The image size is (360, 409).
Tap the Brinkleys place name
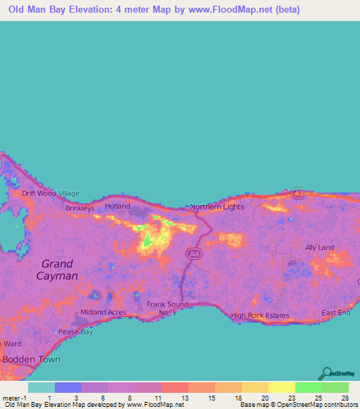pyautogui.click(x=79, y=209)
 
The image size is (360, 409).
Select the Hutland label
pyautogui.click(x=117, y=207)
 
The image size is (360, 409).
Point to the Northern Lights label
pyautogui.click(x=217, y=207)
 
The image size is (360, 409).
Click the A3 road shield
pyautogui.click(x=298, y=193)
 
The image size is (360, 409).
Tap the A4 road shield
pyautogui.click(x=192, y=252)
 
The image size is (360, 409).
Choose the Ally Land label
pyautogui.click(x=319, y=247)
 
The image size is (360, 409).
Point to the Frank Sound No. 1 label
pyautogui.click(x=167, y=308)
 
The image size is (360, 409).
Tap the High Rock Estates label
pyautogui.click(x=259, y=316)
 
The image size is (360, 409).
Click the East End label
pyautogui.click(x=335, y=313)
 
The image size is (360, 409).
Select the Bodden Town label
pyautogui.click(x=31, y=359)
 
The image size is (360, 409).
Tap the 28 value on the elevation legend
pyautogui.click(x=345, y=398)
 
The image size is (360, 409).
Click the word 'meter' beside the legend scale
pyautogui.click(x=11, y=398)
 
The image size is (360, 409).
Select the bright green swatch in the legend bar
pyautogui.click(x=308, y=387)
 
